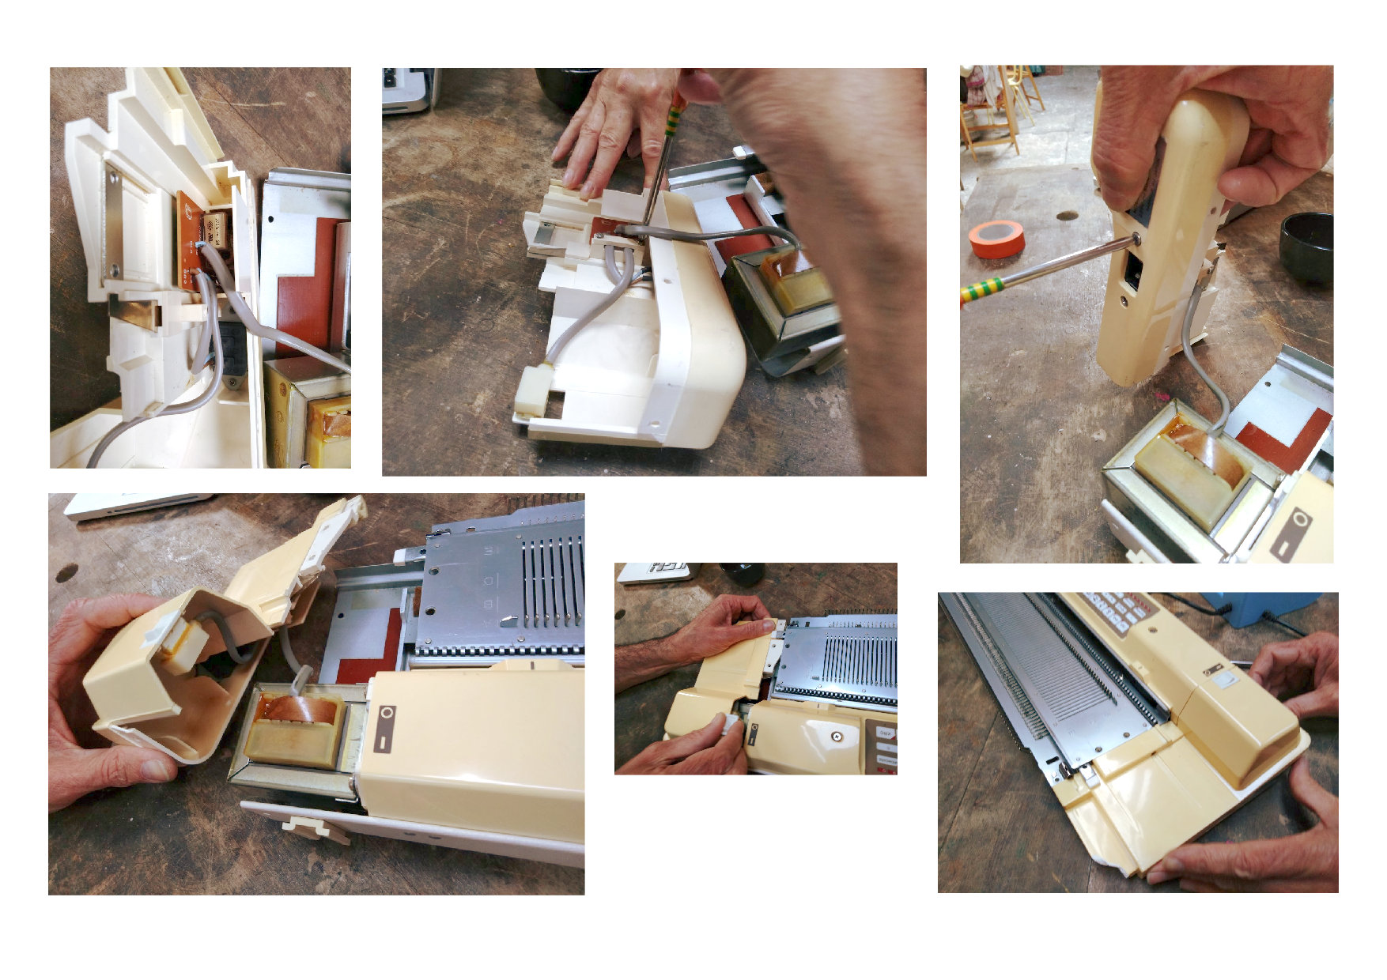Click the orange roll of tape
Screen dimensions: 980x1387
[997, 239]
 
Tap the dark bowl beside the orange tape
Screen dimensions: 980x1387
[1307, 247]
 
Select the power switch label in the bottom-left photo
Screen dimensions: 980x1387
[385, 728]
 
